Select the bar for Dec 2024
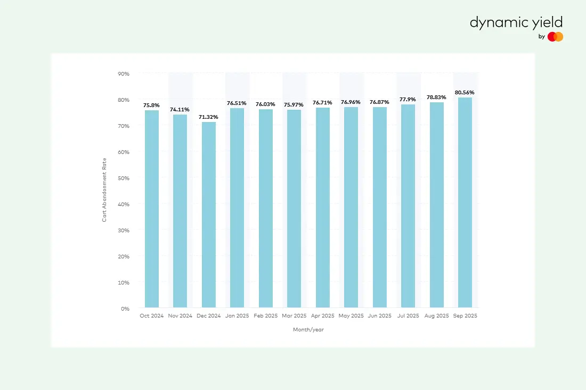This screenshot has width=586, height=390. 209,215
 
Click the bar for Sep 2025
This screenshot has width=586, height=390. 465,202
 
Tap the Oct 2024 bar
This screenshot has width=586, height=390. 152,209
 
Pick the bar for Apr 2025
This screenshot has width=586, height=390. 323,208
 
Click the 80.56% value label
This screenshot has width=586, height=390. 465,92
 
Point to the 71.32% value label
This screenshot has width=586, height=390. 208,117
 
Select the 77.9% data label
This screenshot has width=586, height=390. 408,99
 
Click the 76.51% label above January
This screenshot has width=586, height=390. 237,103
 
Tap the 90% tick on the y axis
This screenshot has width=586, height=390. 124,74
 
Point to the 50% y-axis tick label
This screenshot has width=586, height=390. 124,178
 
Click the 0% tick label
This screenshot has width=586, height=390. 125,308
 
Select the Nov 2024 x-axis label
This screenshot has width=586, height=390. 180,316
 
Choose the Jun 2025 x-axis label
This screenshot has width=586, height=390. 380,316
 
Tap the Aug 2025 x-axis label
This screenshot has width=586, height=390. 436,316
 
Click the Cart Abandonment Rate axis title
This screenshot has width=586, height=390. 105,190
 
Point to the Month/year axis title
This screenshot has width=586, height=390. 308,330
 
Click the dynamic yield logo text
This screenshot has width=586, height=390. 516,22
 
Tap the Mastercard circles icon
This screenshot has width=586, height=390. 555,37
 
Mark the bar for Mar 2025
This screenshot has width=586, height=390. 294,209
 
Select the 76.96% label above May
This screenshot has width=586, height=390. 351,102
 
